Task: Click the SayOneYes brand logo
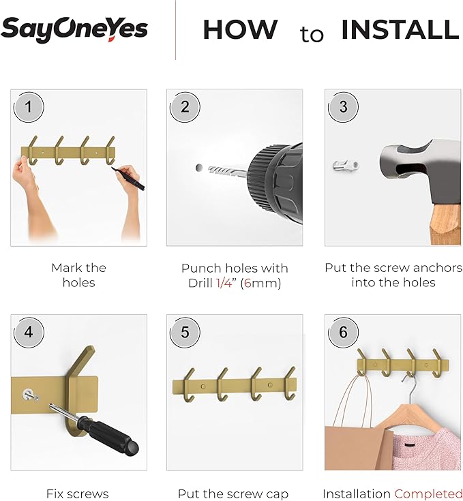74,29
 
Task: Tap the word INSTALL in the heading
400,30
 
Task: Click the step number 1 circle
29,107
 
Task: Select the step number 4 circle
29,332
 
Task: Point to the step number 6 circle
343,332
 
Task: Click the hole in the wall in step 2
198,166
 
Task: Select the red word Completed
428,494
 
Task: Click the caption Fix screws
77,494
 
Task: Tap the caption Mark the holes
78,275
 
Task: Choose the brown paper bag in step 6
358,443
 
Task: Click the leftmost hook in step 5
188,385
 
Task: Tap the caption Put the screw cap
233,494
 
